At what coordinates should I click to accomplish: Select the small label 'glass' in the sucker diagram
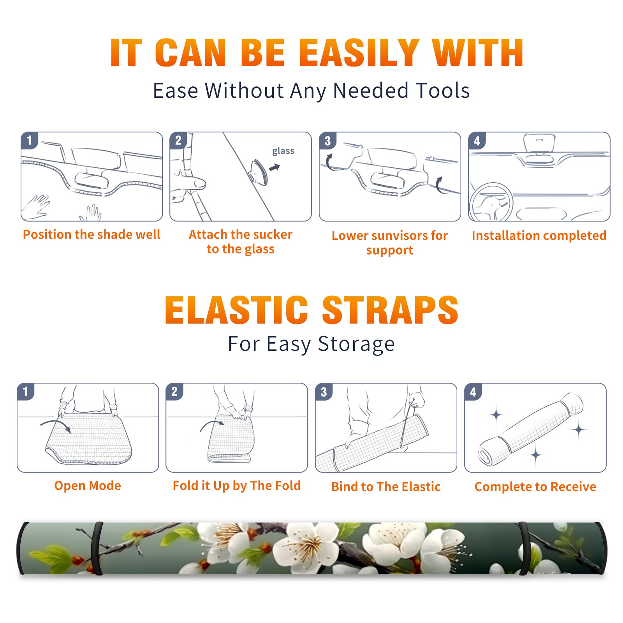pyautogui.click(x=283, y=151)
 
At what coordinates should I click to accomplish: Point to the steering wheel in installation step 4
pyautogui.click(x=491, y=202)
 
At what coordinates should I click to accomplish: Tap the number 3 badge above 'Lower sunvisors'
pyautogui.click(x=327, y=141)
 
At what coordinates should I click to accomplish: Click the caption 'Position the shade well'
pyautogui.click(x=92, y=234)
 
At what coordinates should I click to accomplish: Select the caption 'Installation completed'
pyautogui.click(x=539, y=235)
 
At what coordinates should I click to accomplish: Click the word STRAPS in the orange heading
pyautogui.click(x=390, y=310)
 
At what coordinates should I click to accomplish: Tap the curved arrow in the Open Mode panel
pyautogui.click(x=56, y=425)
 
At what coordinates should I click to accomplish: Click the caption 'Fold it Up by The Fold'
pyautogui.click(x=237, y=486)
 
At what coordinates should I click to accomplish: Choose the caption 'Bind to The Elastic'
pyautogui.click(x=386, y=486)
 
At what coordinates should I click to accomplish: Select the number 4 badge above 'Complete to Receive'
pyautogui.click(x=473, y=392)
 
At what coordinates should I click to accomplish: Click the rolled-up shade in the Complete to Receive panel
pyautogui.click(x=531, y=429)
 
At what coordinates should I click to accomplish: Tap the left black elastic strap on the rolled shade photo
pyautogui.click(x=97, y=549)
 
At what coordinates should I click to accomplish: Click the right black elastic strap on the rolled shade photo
pyautogui.click(x=523, y=549)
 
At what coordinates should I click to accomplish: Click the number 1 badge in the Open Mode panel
pyautogui.click(x=26, y=392)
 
